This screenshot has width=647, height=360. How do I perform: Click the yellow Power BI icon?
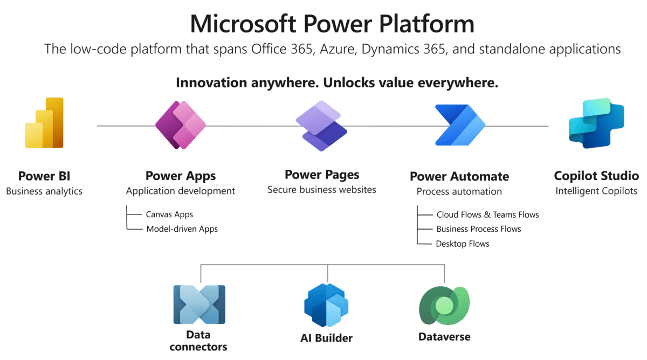pos(44,123)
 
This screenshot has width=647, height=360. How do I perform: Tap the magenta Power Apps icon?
pos(181,125)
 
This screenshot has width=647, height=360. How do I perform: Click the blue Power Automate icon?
pos(459,125)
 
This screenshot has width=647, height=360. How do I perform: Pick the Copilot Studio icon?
pos(596,123)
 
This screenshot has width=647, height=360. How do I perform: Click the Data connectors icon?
pos(199,304)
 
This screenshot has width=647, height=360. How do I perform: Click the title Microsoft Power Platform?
pos(332,24)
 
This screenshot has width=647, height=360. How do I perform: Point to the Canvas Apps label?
pos(169,214)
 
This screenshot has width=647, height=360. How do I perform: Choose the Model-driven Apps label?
pos(182,229)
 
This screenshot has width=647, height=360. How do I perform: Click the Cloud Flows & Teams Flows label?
pos(487,214)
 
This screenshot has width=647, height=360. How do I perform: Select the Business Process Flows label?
pos(478,229)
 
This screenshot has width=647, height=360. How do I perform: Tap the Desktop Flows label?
pos(462,244)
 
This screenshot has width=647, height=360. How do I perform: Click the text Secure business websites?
pos(321,190)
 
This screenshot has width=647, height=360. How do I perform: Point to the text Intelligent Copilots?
pos(596,191)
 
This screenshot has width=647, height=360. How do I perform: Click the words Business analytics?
pos(44,191)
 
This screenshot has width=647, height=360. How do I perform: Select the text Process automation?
pos(459,191)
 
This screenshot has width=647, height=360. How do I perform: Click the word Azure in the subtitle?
pos(338,50)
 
